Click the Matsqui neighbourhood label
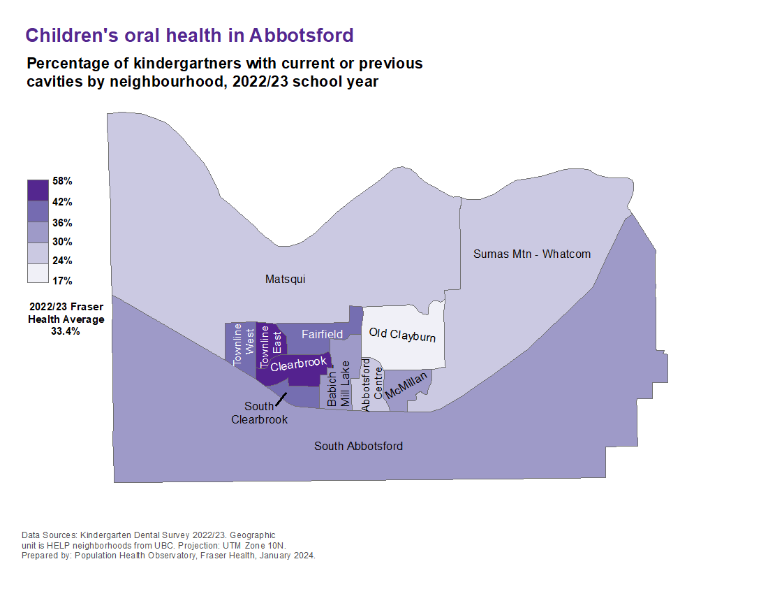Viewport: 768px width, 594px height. click(286, 280)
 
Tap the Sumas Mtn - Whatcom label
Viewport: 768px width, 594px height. click(532, 254)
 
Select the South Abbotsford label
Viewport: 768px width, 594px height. click(358, 446)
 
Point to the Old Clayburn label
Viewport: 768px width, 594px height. click(402, 335)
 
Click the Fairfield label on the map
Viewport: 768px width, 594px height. click(322, 335)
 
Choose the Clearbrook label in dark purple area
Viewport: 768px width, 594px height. click(298, 363)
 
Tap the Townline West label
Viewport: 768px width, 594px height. click(244, 344)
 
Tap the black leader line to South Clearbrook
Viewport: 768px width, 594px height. click(282, 399)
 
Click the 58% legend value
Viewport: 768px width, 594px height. click(62, 181)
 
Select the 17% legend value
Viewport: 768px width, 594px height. click(62, 281)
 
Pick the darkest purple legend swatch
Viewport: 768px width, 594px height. click(38, 190)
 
